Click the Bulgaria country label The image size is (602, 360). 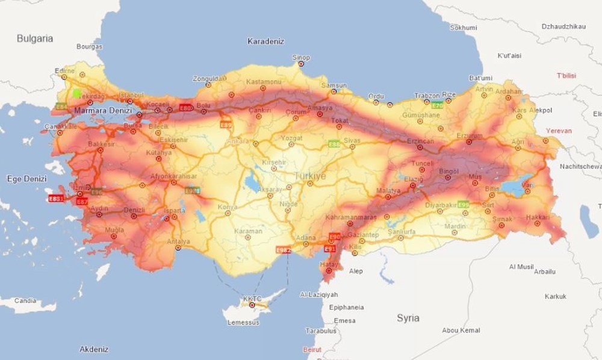(34, 39)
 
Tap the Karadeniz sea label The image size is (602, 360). (265, 42)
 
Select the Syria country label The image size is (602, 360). (408, 318)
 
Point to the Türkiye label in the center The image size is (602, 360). (310, 176)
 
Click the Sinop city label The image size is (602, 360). (300, 58)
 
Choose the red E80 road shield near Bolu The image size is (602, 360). (186, 108)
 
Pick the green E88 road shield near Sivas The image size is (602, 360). (334, 144)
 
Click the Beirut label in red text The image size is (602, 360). (313, 349)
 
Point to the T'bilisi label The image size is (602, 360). (566, 75)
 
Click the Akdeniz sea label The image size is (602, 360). (94, 349)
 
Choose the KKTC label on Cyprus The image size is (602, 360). (252, 299)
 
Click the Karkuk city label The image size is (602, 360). (555, 296)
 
